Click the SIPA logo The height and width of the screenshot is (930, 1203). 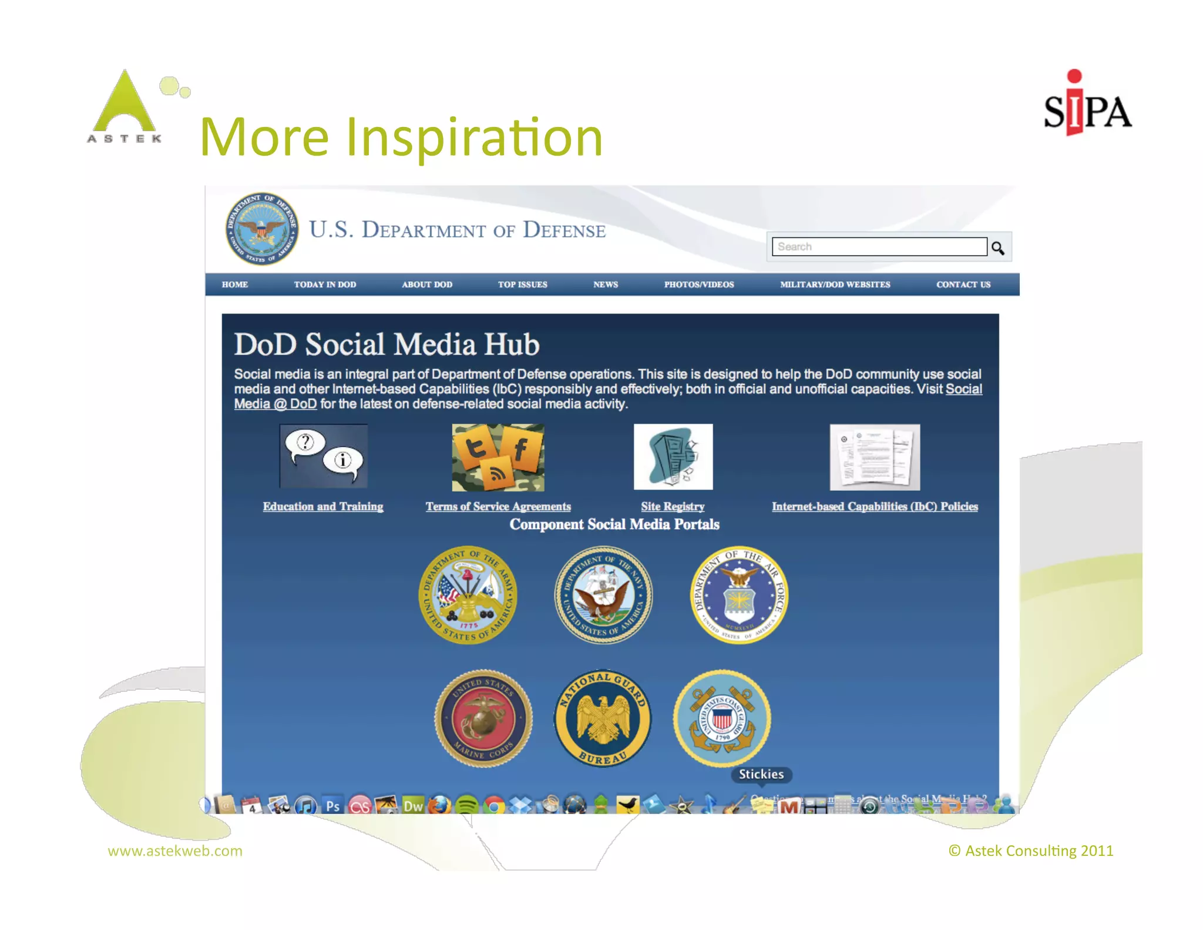pyautogui.click(x=1087, y=106)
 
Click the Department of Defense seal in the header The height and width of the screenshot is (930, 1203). pyautogui.click(x=261, y=229)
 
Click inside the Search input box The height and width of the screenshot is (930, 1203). pyautogui.click(x=879, y=247)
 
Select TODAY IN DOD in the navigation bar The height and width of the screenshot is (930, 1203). pyautogui.click(x=325, y=285)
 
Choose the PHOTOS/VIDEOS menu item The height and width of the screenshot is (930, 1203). pyautogui.click(x=698, y=285)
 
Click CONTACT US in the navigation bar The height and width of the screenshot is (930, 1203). pyautogui.click(x=963, y=285)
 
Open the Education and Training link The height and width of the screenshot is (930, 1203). pyautogui.click(x=322, y=506)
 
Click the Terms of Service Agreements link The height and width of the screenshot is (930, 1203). pyautogui.click(x=498, y=506)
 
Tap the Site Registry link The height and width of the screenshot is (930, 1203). pyautogui.click(x=672, y=506)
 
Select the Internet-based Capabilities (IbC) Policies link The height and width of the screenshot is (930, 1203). pyautogui.click(x=874, y=506)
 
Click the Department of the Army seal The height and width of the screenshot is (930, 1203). pyautogui.click(x=468, y=595)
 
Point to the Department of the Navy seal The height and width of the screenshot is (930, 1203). pyautogui.click(x=603, y=595)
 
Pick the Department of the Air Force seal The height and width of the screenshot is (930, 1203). pyautogui.click(x=739, y=595)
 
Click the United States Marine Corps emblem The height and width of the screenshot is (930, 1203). pyautogui.click(x=483, y=718)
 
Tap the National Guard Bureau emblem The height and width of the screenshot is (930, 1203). pyautogui.click(x=603, y=718)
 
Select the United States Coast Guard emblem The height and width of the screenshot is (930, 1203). pyautogui.click(x=722, y=718)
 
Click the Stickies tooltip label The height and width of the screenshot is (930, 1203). pyautogui.click(x=761, y=774)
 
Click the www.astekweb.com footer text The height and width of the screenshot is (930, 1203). pyautogui.click(x=175, y=851)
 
